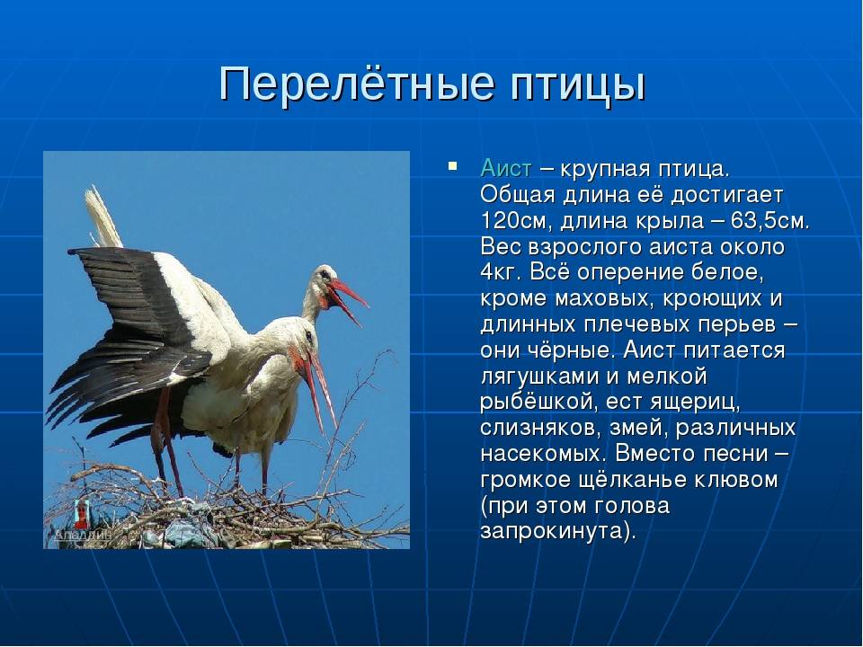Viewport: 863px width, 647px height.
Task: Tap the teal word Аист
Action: coord(506,168)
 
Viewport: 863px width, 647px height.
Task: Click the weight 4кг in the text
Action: coord(496,272)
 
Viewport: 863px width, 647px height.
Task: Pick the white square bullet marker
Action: coord(452,165)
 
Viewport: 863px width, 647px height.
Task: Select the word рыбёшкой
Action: coord(538,403)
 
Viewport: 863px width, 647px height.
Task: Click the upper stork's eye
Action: coord(326,273)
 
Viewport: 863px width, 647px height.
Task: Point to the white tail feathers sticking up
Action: coord(102,217)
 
